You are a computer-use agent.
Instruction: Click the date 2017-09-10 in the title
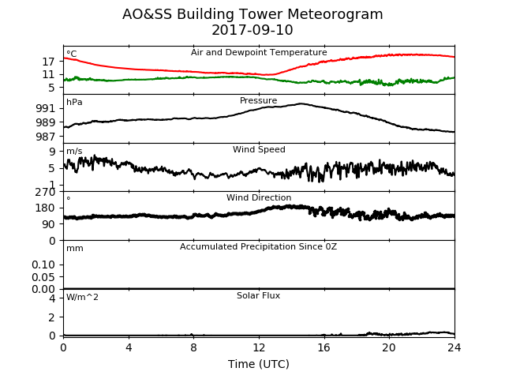pos(252,30)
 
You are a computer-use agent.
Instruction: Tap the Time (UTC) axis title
pos(259,364)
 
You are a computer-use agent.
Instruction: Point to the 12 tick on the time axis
pos(259,347)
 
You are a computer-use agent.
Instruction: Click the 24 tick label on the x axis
pos(454,347)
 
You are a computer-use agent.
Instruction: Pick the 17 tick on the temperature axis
pos(49,62)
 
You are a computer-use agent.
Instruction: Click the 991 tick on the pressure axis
pos(46,108)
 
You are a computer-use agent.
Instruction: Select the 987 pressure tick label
pos(46,137)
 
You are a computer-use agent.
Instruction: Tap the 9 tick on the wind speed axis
pos(52,152)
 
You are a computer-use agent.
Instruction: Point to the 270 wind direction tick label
pos(46,193)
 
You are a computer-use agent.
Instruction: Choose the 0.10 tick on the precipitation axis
pos(43,265)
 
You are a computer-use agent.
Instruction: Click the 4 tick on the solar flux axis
pos(52,298)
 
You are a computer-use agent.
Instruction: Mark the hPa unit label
pos(74,102)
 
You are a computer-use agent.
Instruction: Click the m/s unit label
pos(74,151)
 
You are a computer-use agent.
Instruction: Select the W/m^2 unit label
pos(82,297)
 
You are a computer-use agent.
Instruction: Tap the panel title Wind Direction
pos(259,197)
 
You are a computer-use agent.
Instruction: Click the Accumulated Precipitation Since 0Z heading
pos(258,246)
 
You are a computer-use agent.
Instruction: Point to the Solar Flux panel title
pos(258,295)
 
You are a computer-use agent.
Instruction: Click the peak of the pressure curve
pos(301,103)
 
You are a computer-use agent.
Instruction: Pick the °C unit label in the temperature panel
pos(72,54)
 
